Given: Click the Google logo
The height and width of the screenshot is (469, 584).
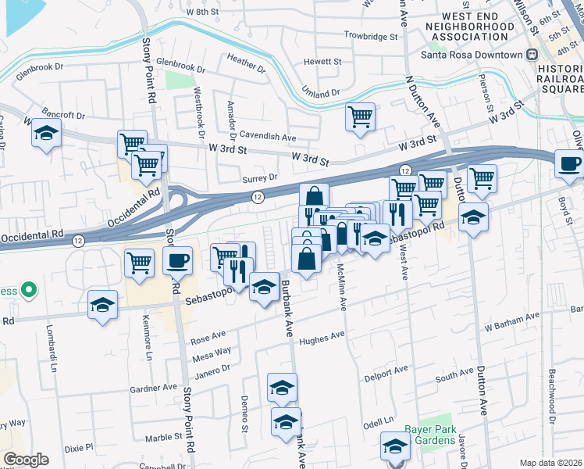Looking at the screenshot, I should [26, 460].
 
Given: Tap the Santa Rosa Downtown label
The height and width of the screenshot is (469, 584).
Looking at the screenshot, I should [471, 55].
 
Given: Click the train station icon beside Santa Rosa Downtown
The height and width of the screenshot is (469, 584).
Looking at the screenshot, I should [532, 55].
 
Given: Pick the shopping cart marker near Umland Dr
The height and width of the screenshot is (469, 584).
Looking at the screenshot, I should [360, 117].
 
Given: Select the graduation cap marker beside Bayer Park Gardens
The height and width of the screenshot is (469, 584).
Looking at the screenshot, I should [395, 447].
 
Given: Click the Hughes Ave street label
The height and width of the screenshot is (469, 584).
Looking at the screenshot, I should [322, 336].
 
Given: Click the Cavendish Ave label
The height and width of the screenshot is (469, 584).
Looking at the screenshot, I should [268, 137].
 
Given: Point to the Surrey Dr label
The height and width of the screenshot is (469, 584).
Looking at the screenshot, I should [259, 177].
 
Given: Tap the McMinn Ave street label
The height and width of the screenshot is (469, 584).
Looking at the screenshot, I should [342, 286].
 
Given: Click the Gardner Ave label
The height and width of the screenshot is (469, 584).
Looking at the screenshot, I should [155, 387].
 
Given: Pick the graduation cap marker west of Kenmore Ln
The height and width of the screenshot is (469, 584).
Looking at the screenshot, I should [102, 306].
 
